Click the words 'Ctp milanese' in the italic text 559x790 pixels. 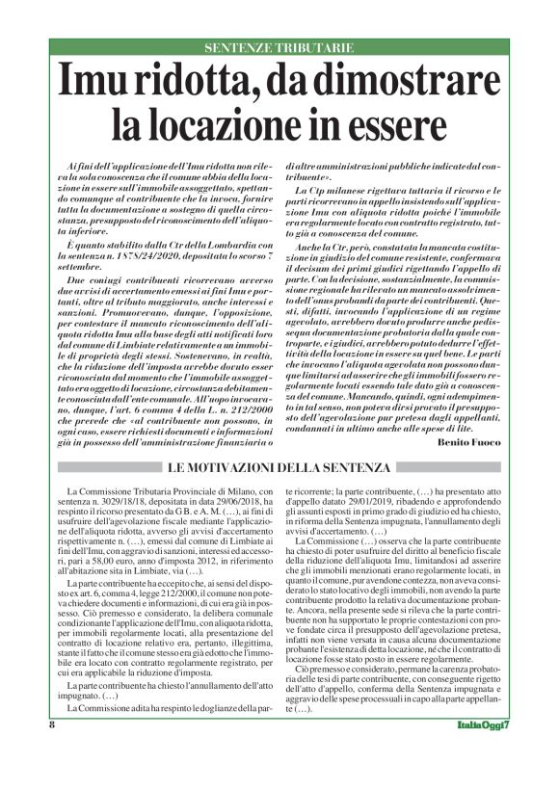click(339, 193)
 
